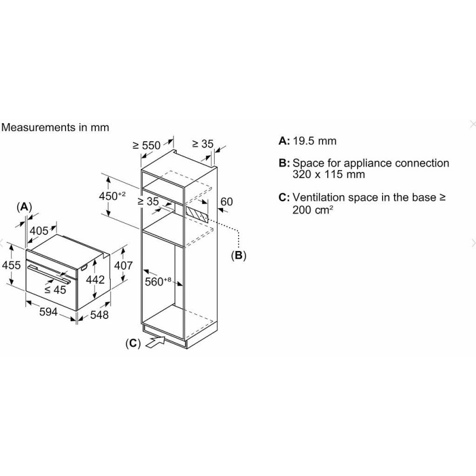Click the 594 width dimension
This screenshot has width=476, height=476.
[48, 312]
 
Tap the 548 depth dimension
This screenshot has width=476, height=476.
[99, 315]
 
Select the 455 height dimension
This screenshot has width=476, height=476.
[11, 265]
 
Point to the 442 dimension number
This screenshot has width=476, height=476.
[95, 280]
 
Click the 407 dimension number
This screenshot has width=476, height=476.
[123, 265]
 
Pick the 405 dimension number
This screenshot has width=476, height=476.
[39, 231]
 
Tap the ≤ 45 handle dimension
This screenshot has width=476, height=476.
[55, 290]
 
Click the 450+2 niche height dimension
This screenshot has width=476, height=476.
[112, 196]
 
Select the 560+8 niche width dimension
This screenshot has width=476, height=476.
[158, 281]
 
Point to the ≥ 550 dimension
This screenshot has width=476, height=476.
[146, 145]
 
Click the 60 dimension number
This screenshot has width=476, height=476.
[227, 202]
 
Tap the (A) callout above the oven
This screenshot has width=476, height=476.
[24, 207]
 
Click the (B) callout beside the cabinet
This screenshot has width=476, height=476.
[239, 255]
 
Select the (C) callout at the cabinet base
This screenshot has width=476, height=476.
[133, 343]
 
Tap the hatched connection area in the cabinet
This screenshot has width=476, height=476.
[198, 215]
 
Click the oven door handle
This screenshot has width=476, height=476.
[49, 274]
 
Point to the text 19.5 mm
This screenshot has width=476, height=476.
[315, 141]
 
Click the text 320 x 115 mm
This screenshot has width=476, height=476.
[329, 174]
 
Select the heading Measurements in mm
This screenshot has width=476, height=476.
[55, 127]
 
